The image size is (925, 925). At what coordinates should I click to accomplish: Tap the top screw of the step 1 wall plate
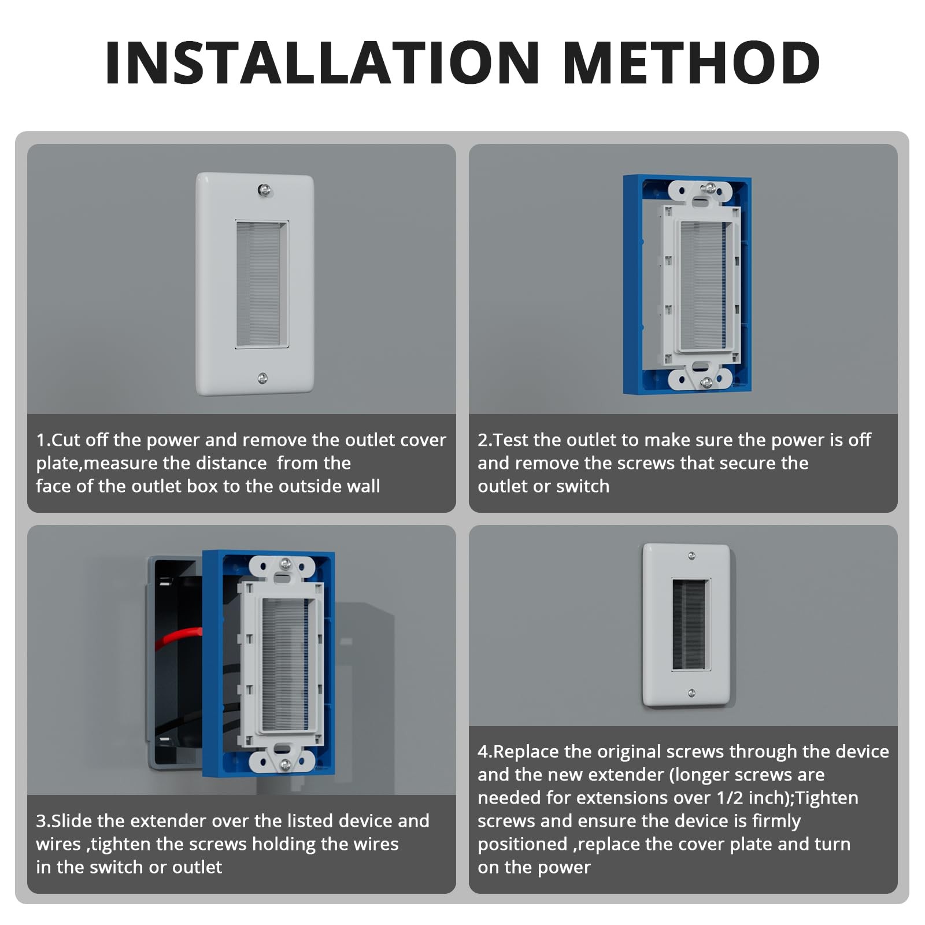(x=264, y=190)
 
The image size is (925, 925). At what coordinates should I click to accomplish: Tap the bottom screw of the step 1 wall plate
(x=262, y=378)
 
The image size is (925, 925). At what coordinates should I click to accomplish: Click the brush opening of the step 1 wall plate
(x=262, y=284)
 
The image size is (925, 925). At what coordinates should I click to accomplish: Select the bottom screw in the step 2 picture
(x=706, y=382)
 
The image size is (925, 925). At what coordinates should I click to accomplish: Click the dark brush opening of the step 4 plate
(x=690, y=624)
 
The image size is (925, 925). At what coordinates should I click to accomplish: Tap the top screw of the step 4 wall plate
(x=692, y=556)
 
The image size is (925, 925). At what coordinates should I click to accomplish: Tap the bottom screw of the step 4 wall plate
(x=691, y=693)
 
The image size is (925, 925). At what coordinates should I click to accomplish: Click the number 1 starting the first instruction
(x=40, y=440)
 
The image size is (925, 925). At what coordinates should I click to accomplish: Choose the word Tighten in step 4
(x=827, y=798)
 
